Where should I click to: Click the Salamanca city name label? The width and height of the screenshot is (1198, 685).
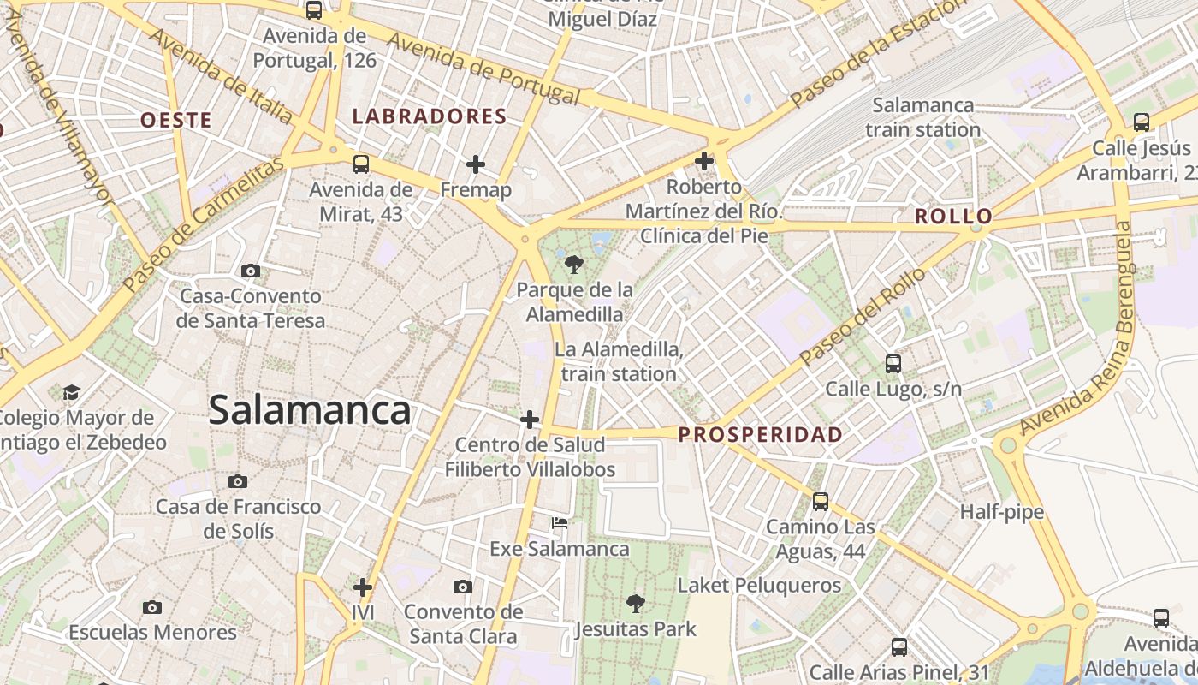coord(310,410)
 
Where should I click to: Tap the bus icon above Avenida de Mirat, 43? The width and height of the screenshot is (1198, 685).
coord(361,164)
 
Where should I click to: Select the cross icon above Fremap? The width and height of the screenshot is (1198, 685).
coord(476,164)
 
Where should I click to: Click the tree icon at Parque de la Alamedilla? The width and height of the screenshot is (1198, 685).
coord(574,264)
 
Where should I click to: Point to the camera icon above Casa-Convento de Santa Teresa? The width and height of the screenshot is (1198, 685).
coord(251,271)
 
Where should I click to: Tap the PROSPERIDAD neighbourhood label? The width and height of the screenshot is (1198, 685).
coord(760,435)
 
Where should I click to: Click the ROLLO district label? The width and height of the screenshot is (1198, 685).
coord(953,217)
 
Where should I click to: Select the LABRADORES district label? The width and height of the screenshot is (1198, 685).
coord(430,117)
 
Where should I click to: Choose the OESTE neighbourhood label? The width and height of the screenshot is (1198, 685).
coord(176,121)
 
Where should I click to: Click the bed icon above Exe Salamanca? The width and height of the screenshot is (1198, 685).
coord(559,522)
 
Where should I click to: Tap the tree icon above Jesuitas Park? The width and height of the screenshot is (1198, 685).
coord(635,604)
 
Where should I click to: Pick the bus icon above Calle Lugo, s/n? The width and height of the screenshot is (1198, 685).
coord(893,364)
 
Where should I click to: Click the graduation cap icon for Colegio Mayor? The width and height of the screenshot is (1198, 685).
coord(71,392)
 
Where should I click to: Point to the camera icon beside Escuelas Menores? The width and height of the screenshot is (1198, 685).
coord(152,607)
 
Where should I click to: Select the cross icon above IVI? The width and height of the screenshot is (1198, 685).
coord(363,587)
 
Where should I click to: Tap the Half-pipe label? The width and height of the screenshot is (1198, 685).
coord(1001,512)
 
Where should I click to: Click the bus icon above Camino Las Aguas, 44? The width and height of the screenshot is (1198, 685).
coord(821,501)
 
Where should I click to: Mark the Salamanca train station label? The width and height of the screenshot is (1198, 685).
coord(922,117)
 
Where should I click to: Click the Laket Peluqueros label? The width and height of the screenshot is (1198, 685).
coord(759,586)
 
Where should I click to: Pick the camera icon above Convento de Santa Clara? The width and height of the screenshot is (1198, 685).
coord(463,587)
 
